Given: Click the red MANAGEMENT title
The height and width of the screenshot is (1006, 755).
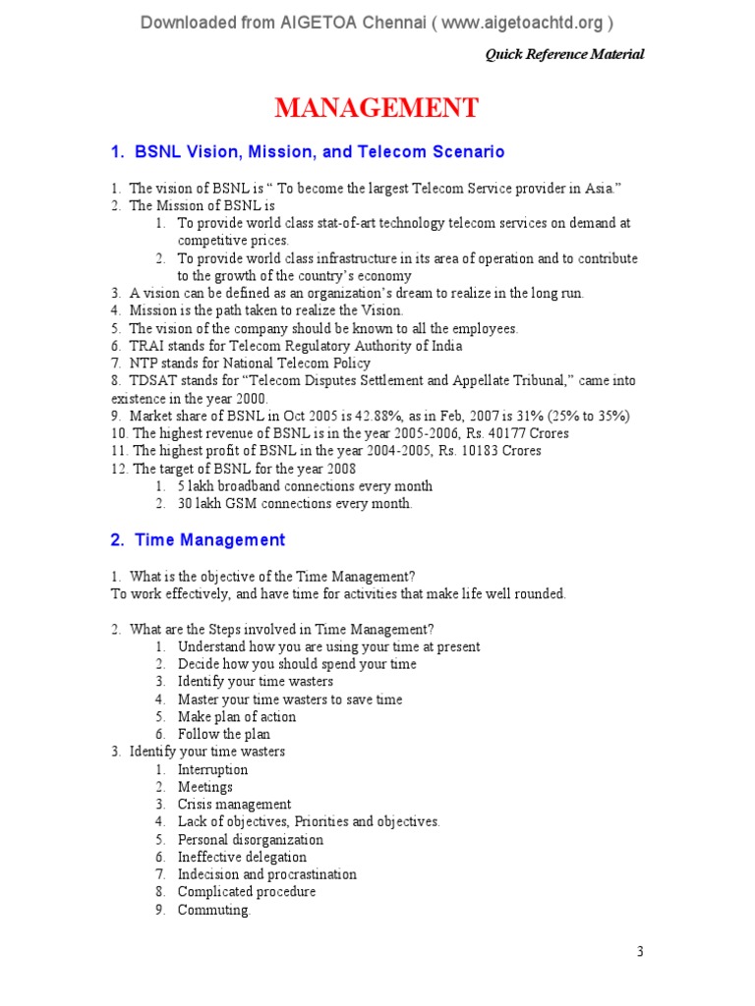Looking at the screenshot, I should pyautogui.click(x=377, y=107).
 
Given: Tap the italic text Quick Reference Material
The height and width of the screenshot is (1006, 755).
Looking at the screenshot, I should pyautogui.click(x=564, y=54).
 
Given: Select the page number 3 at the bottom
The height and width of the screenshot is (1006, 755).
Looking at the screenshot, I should pyautogui.click(x=640, y=951).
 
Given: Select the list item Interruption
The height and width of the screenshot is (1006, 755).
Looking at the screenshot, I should pyautogui.click(x=212, y=769).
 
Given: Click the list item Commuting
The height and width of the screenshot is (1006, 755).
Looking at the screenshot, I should pyautogui.click(x=213, y=910).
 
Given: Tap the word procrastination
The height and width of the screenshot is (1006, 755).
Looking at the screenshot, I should pyautogui.click(x=312, y=874).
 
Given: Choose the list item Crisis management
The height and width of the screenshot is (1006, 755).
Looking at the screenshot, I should pyautogui.click(x=234, y=805).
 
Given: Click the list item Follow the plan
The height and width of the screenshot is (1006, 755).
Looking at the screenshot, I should pyautogui.click(x=223, y=734).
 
